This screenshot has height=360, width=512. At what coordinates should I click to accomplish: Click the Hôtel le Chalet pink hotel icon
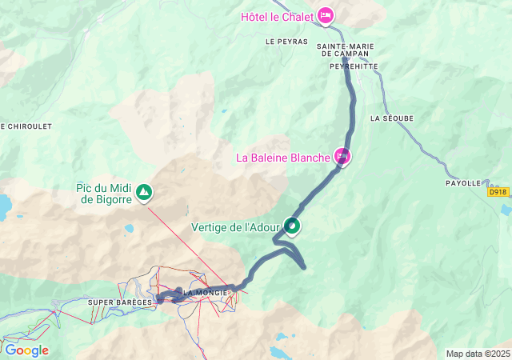(x=325, y=15)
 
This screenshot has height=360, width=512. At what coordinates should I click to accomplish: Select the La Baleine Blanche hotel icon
(x=342, y=157)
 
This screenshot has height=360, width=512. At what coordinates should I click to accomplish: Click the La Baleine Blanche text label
(x=282, y=158)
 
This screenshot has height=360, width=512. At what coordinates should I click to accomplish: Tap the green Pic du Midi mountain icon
(x=143, y=192)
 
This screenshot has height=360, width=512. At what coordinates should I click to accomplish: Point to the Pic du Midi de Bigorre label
(x=105, y=193)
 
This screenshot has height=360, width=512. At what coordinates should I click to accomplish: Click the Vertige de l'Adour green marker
(x=293, y=227)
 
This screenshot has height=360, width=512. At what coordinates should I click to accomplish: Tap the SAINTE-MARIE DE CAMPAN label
(x=343, y=50)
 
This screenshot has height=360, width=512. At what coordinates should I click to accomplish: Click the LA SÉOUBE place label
(x=392, y=118)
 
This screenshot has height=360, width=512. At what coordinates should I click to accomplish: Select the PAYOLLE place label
(x=463, y=183)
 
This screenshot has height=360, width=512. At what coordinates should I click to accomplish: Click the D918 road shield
(x=498, y=192)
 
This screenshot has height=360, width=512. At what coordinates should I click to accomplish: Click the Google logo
(x=26, y=350)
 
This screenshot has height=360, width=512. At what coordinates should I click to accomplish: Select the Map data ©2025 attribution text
(x=478, y=354)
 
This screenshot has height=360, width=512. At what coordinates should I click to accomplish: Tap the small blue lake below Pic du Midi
(x=129, y=229)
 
